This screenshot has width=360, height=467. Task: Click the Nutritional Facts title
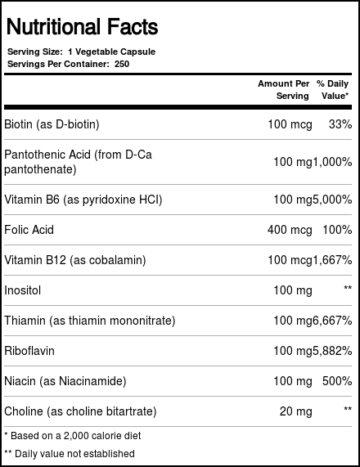82,28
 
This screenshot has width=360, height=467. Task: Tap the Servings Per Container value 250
121,65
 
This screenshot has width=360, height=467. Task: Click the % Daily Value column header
334,90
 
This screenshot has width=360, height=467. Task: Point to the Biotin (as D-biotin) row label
57,125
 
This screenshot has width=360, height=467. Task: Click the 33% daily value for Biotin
340,125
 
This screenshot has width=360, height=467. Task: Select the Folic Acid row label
29,231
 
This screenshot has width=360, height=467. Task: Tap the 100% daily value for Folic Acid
337,231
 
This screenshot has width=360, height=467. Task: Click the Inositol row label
23,290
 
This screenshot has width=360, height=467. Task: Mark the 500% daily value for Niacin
337,380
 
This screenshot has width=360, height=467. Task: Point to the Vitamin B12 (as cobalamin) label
75,261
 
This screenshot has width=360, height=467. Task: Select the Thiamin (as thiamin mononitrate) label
90,321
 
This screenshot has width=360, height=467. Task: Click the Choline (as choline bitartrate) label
80,411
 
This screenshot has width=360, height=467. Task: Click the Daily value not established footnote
70,453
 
